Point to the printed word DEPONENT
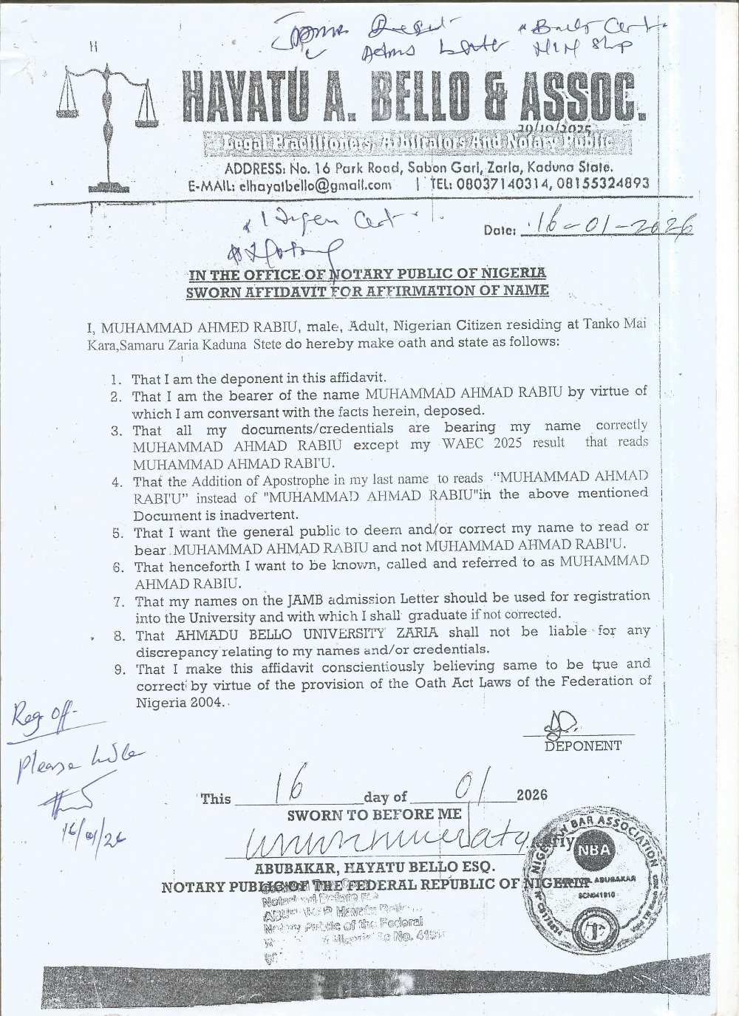click(x=582, y=746)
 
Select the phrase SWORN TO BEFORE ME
click(x=375, y=814)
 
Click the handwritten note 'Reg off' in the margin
click(x=42, y=717)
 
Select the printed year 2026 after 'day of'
click(x=532, y=795)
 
